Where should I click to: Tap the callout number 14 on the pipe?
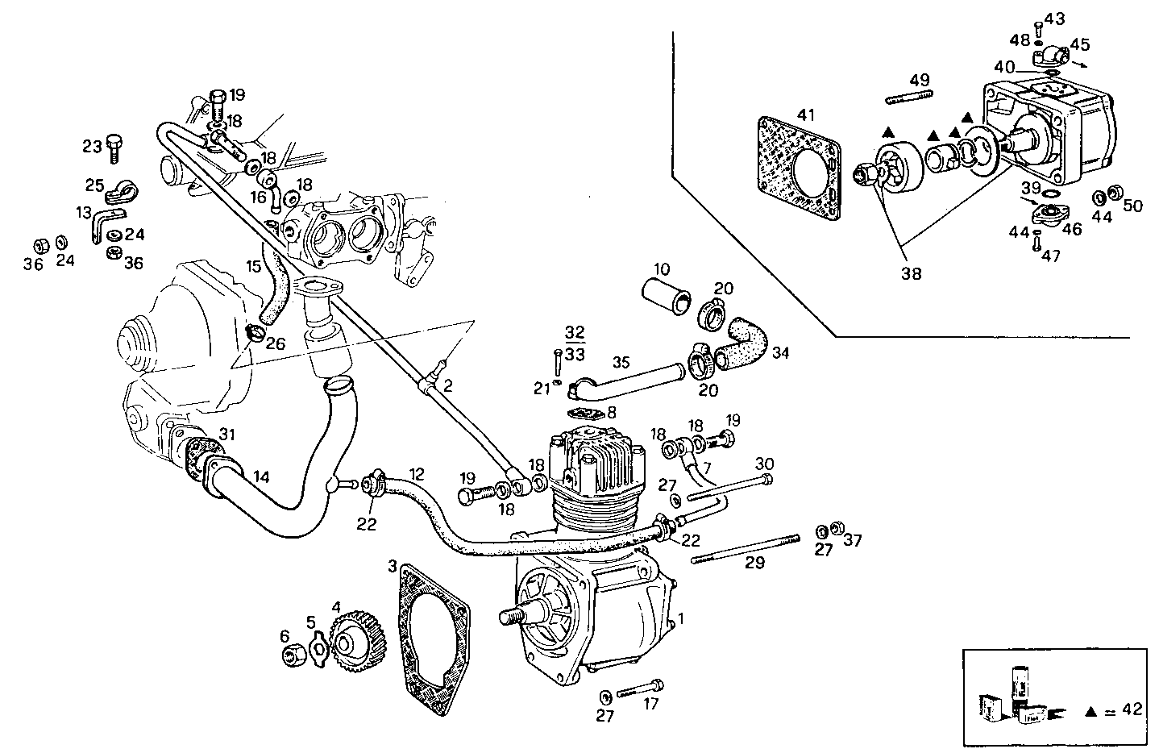point(260,477)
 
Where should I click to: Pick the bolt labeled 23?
point(114,147)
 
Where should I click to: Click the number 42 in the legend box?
point(1132,709)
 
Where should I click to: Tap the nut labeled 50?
point(1117,194)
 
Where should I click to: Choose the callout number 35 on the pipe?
point(620,361)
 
